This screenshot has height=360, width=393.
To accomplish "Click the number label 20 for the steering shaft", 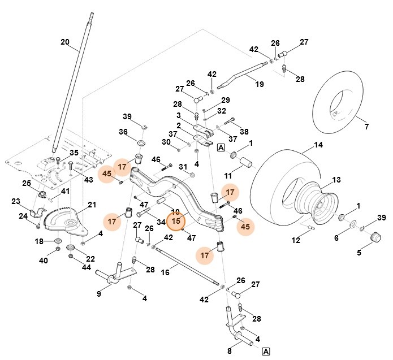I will tap(65, 42).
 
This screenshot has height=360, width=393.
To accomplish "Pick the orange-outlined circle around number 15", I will tap(176, 221).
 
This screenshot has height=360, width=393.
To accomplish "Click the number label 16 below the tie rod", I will tap(165, 272).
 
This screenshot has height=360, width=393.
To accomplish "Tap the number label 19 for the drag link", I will tap(260, 84).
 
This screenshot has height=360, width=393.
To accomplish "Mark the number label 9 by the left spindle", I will tap(98, 293).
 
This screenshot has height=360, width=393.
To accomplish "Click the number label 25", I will tap(27, 183).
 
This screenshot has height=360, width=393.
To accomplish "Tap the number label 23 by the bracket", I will tap(15, 201).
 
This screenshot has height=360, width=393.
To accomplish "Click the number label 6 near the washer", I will tap(336, 238).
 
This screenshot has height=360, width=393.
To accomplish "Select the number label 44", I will tap(86, 267).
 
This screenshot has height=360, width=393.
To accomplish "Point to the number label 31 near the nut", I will tap(183, 167).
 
